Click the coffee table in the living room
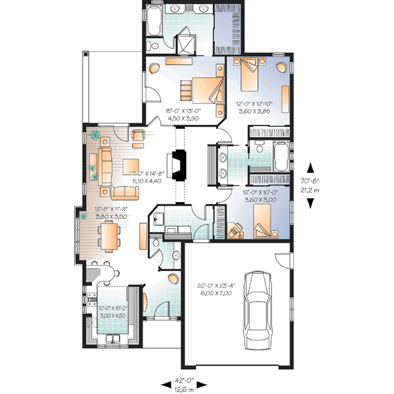[x=130, y=166]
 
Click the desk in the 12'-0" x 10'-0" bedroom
[x=234, y=230]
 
